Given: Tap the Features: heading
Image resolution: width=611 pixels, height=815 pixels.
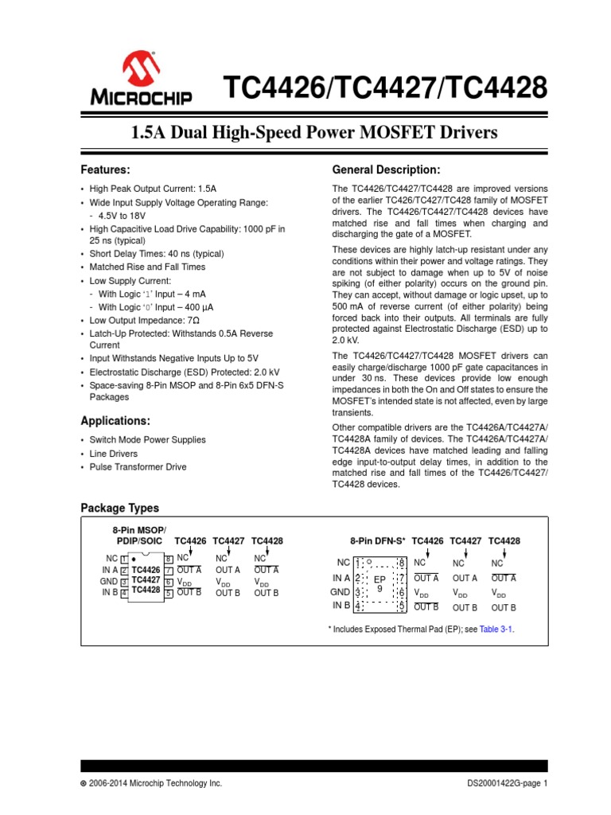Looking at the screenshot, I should click(x=106, y=170).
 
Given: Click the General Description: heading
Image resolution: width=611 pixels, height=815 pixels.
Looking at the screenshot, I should click(x=385, y=170).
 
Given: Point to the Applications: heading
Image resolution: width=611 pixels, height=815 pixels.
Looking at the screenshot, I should click(x=115, y=420).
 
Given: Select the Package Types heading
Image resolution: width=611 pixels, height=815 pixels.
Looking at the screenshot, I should click(x=119, y=508).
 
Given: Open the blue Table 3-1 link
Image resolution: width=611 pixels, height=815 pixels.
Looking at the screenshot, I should click(x=501, y=629).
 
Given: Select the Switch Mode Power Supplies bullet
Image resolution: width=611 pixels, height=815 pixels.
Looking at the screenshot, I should click(x=147, y=440).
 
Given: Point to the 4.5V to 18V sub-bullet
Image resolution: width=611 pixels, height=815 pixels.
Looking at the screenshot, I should click(x=123, y=216).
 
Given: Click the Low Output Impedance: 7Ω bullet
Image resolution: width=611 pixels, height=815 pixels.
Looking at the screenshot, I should click(x=133, y=320).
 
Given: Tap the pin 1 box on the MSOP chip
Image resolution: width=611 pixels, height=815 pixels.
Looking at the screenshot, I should click(x=124, y=560).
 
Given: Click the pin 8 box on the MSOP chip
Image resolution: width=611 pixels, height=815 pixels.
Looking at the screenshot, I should click(x=169, y=560).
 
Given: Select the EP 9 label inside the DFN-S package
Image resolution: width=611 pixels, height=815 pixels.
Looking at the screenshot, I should click(x=379, y=583).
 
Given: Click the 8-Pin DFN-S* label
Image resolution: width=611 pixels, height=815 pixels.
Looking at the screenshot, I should click(x=378, y=540).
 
